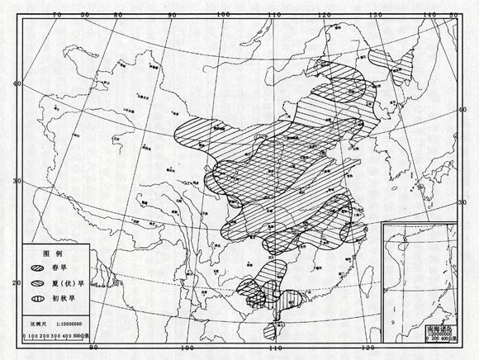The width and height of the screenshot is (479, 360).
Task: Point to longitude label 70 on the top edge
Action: click(57, 14)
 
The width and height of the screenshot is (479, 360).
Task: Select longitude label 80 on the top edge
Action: click(118, 14)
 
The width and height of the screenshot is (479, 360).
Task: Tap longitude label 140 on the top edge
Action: click(430, 14)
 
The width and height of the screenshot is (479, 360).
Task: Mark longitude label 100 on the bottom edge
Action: click(188, 350)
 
